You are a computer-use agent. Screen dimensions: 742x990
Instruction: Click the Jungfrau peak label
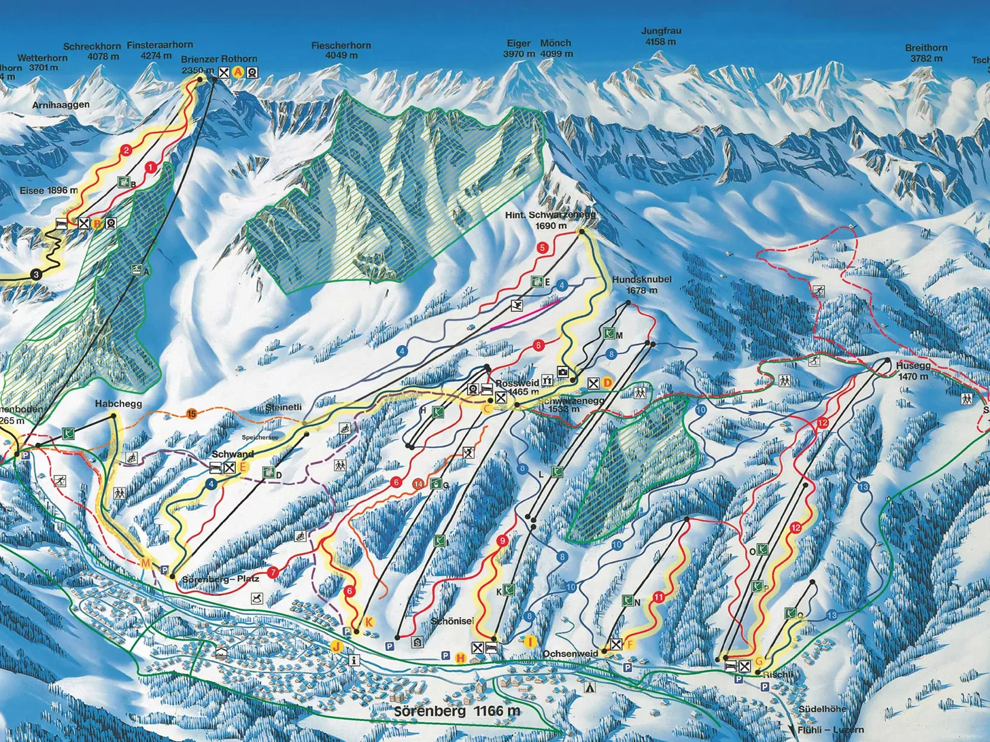tap(661, 36)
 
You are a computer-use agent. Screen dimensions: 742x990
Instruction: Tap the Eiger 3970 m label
tap(519, 48)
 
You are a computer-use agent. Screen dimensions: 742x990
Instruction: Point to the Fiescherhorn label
tap(341, 50)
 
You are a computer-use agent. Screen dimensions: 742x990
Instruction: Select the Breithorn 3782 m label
tap(926, 52)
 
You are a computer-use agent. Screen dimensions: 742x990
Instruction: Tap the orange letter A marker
tap(238, 72)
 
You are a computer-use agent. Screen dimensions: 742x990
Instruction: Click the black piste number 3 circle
tap(35, 275)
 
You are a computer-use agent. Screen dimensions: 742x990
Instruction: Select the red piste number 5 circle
tap(542, 248)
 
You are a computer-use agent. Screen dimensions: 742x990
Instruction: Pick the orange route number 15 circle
tap(192, 414)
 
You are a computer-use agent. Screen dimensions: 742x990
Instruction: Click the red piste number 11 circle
tap(658, 597)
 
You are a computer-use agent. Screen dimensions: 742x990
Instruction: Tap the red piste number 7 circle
tap(273, 573)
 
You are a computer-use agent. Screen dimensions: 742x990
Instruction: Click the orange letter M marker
tap(145, 563)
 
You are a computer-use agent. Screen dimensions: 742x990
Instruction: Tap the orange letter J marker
tap(336, 646)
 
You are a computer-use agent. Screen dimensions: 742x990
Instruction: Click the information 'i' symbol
tap(354, 659)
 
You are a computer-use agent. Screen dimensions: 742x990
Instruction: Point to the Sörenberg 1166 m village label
tap(457, 711)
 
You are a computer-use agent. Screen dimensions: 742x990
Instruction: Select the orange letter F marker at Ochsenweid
tap(630, 644)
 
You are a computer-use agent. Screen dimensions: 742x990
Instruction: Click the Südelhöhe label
tap(822, 709)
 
